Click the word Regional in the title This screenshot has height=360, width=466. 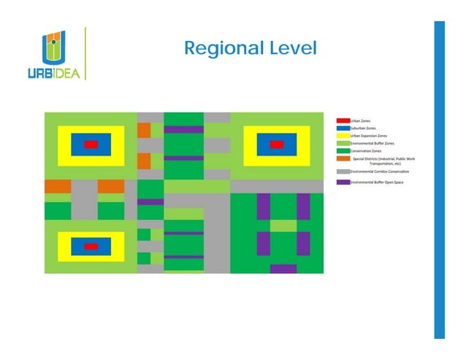[218, 49]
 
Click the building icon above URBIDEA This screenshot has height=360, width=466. [53, 47]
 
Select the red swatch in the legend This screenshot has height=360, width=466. [342, 120]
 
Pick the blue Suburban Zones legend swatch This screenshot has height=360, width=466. [342, 128]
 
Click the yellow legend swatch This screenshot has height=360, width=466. [342, 136]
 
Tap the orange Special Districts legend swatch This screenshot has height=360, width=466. [342, 158]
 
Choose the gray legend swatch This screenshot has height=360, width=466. [342, 171]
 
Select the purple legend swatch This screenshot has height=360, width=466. [342, 181]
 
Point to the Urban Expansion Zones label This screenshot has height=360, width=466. [369, 136]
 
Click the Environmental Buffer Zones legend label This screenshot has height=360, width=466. [373, 144]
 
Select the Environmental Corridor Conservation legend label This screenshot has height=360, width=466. [380, 171]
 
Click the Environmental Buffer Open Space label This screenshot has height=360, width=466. [377, 181]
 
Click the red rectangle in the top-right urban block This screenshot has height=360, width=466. [276, 145]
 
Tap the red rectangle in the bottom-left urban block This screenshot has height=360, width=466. [91, 246]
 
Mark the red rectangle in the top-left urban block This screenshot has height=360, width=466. [91, 145]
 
